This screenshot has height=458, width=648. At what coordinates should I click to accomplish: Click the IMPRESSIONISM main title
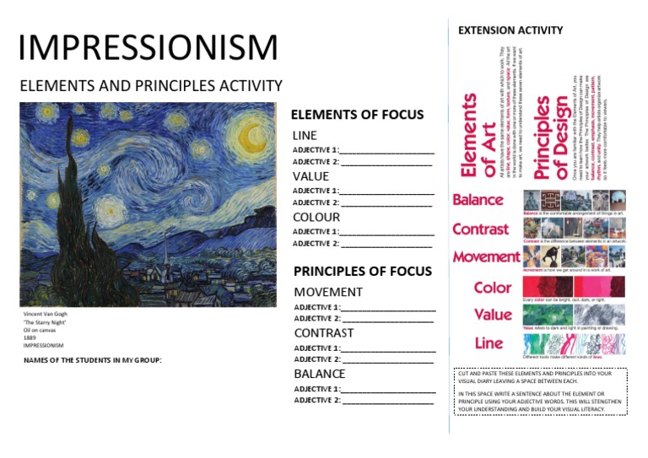(x=148, y=48)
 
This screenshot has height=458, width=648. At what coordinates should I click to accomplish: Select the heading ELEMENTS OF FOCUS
(x=357, y=116)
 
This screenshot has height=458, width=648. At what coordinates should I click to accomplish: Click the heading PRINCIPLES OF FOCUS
(x=363, y=272)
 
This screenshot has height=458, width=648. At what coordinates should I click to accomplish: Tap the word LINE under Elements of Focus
(x=305, y=136)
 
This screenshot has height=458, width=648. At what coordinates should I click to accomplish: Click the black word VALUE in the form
(x=310, y=177)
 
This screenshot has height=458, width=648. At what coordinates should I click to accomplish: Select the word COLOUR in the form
(x=316, y=218)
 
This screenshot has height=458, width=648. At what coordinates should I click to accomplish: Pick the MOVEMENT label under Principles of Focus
(x=328, y=293)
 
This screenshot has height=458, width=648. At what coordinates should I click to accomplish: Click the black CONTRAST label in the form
(x=324, y=333)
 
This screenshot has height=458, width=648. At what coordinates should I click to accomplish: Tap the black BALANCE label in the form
(x=320, y=374)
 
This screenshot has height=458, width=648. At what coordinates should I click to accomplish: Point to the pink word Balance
(x=478, y=200)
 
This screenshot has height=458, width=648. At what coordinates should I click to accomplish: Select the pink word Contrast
(x=480, y=229)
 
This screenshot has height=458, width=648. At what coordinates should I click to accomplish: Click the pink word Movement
(x=486, y=256)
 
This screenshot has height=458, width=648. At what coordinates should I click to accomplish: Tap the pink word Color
(x=493, y=287)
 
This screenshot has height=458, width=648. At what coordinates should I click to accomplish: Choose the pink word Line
(x=489, y=343)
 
